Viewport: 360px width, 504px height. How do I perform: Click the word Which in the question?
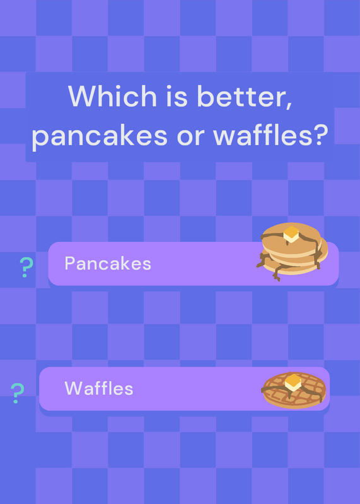(x=112, y=96)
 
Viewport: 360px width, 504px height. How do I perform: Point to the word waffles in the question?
(x=260, y=134)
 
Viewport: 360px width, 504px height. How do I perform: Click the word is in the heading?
(x=177, y=96)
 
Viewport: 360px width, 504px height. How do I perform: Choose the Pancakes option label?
(x=108, y=263)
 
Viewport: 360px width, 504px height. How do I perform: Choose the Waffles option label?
(x=99, y=388)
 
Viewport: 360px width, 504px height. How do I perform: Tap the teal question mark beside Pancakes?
(x=26, y=267)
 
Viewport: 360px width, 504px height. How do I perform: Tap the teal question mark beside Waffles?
(x=18, y=392)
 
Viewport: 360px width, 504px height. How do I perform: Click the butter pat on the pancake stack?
(x=291, y=234)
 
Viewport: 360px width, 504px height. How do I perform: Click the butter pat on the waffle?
(x=293, y=382)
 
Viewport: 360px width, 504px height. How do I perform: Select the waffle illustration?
(x=293, y=390)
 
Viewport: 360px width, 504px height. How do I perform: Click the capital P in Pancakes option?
(x=70, y=263)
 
